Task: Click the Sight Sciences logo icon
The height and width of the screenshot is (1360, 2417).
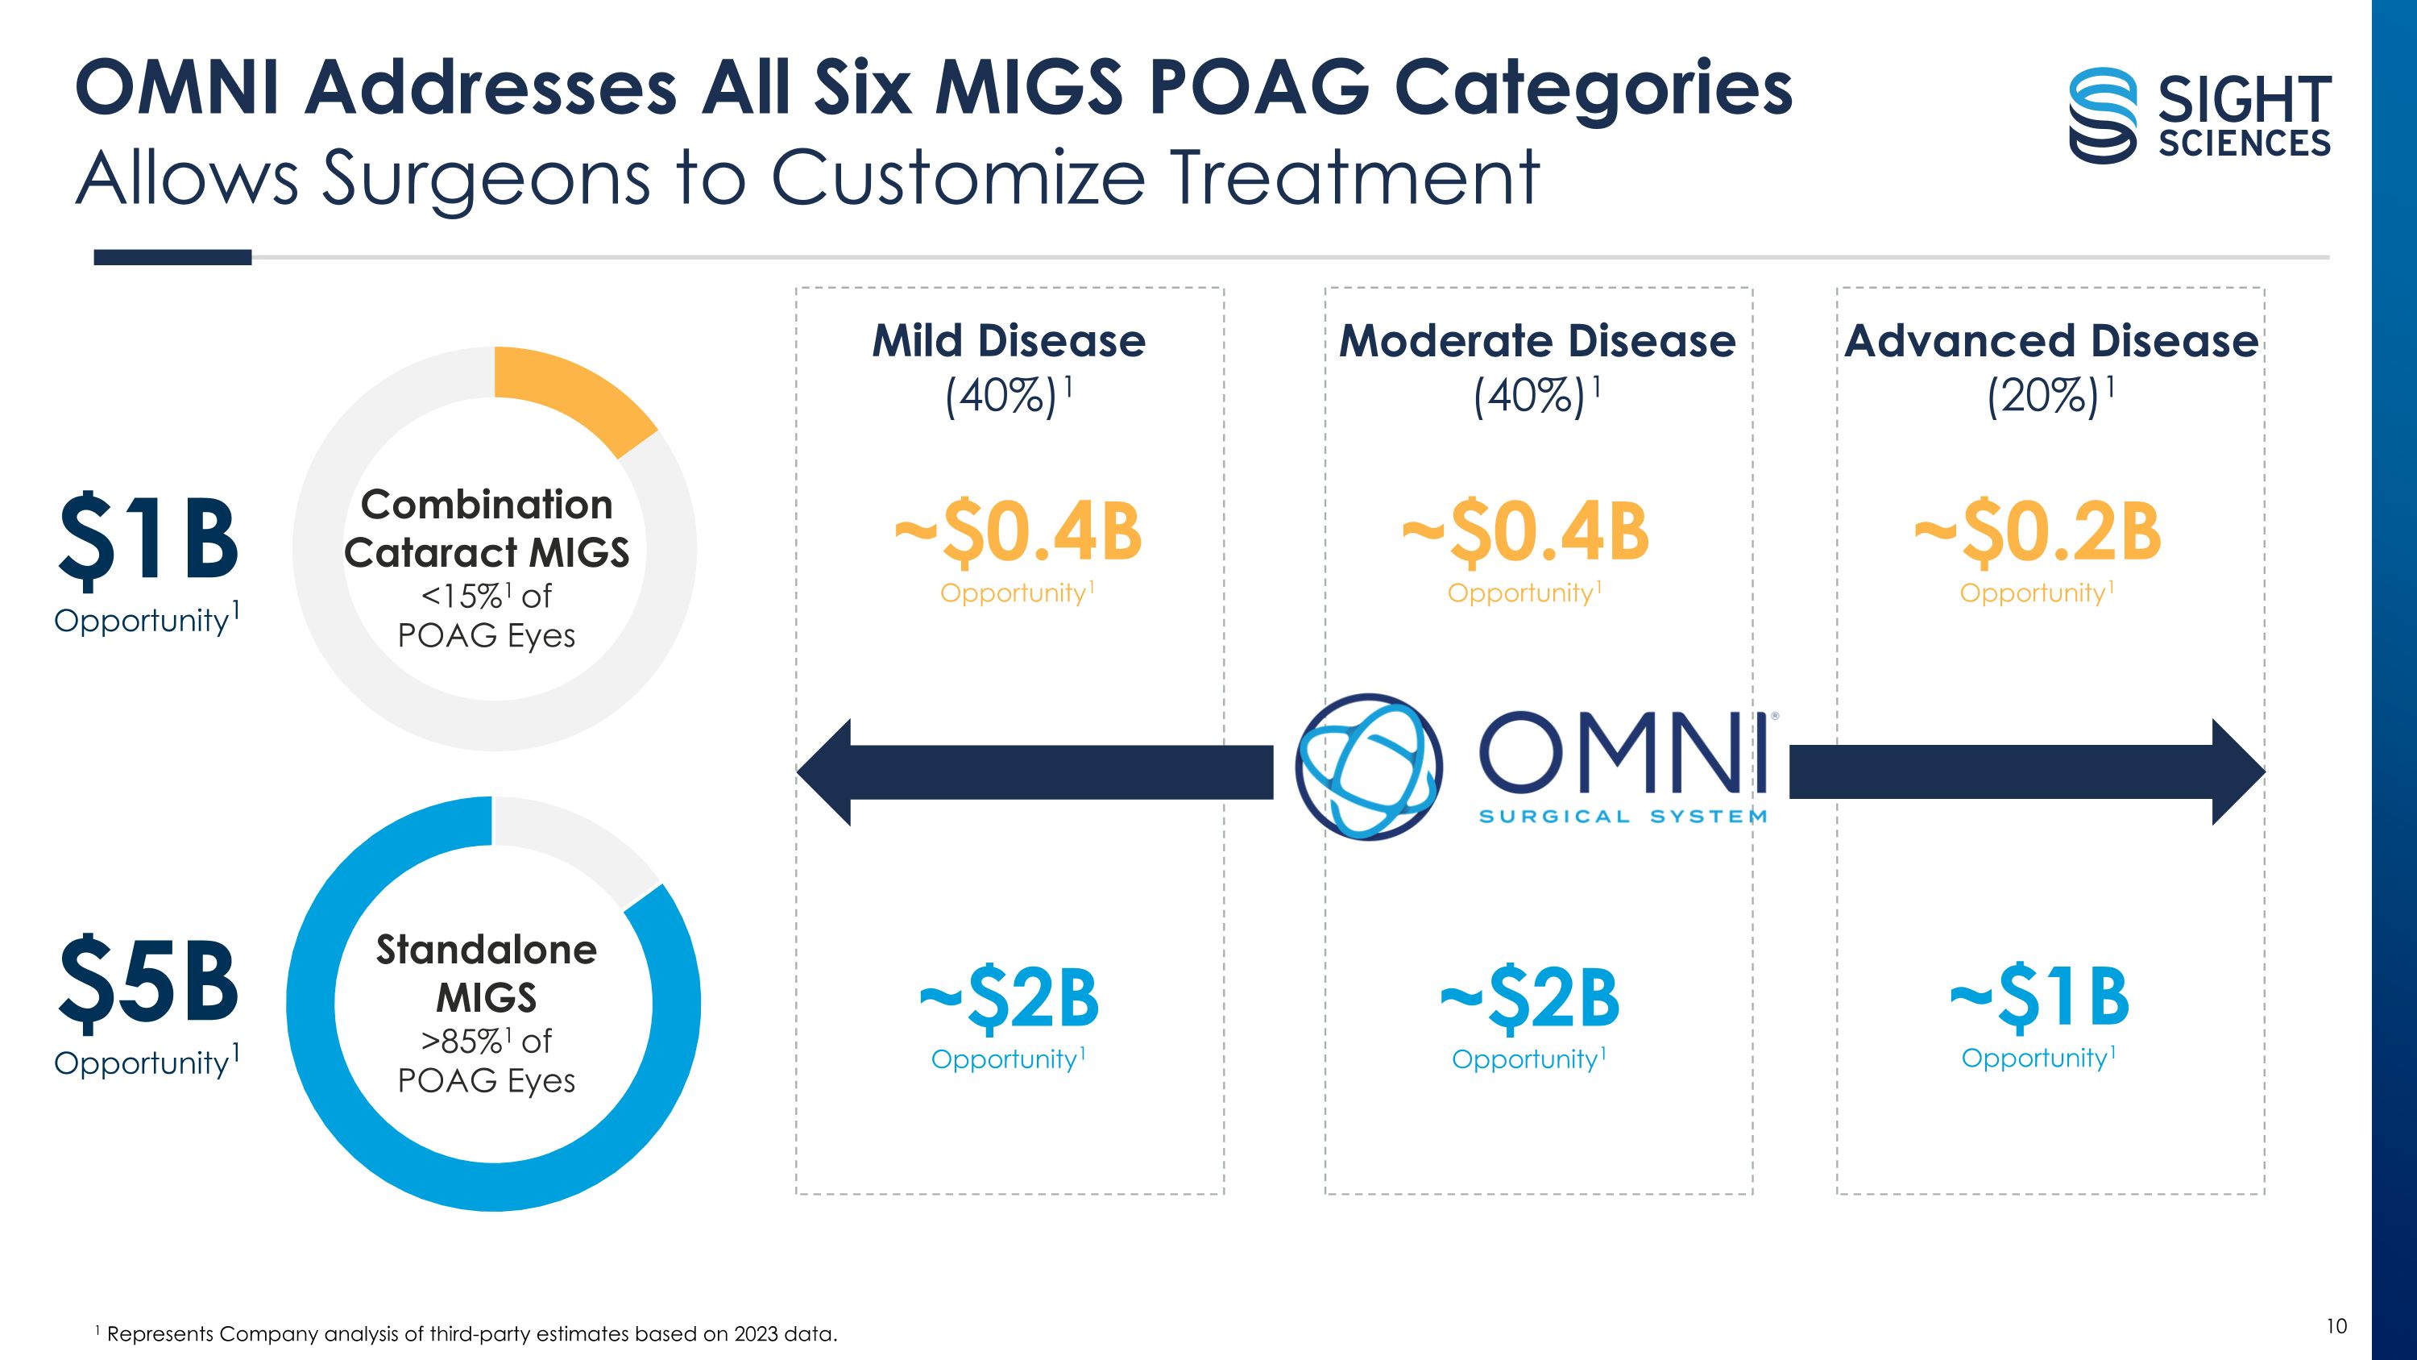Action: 2103,114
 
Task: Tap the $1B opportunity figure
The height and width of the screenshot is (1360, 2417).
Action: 148,538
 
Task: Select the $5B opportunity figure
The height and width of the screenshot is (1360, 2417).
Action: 148,981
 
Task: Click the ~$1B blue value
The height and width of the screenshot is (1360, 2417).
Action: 2040,996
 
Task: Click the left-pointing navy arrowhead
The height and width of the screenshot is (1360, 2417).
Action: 826,771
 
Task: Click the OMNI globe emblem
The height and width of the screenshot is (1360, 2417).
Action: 1368,767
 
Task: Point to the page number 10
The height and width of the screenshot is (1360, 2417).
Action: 2336,1325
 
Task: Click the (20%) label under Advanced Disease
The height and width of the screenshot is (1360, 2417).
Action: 2043,396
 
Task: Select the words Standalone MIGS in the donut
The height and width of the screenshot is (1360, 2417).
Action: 486,973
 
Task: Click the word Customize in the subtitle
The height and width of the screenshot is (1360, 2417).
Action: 957,177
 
